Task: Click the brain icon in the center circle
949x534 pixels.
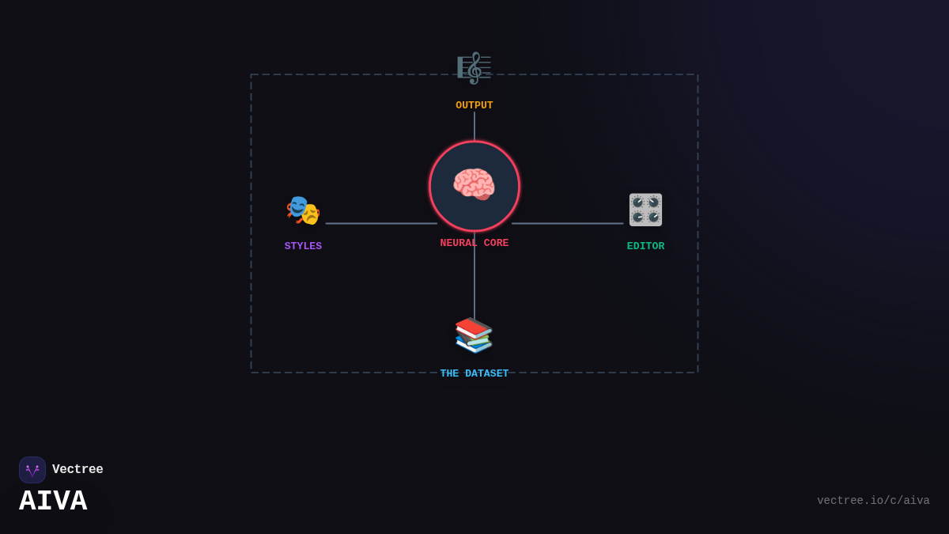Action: [474, 185]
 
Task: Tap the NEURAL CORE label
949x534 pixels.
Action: [474, 244]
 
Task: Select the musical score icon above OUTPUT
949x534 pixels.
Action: [474, 68]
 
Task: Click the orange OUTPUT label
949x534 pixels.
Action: [474, 105]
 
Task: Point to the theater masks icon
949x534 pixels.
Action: [303, 210]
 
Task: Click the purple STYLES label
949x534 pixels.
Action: [303, 246]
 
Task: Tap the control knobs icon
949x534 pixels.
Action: [645, 210]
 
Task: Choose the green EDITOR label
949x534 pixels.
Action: [645, 246]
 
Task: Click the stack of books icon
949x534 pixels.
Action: [474, 335]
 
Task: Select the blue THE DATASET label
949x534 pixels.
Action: [474, 373]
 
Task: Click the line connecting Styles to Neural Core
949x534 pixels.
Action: [381, 223]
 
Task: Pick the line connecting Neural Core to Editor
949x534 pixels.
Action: [567, 223]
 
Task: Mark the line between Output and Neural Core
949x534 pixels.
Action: [475, 126]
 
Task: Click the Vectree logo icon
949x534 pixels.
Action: [32, 470]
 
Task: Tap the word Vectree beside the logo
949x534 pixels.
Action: [78, 470]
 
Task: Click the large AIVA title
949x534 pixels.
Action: [53, 502]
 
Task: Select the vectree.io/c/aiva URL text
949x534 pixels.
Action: [873, 501]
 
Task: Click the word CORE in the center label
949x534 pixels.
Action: [496, 244]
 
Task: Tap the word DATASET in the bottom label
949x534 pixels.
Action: [486, 373]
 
